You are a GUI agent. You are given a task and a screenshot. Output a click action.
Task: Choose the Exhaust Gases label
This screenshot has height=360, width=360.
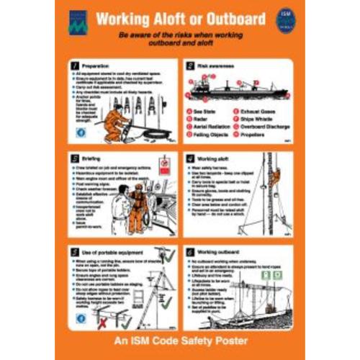[x=253, y=112]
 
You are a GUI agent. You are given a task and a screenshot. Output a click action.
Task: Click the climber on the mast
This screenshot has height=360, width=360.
[x=274, y=178]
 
